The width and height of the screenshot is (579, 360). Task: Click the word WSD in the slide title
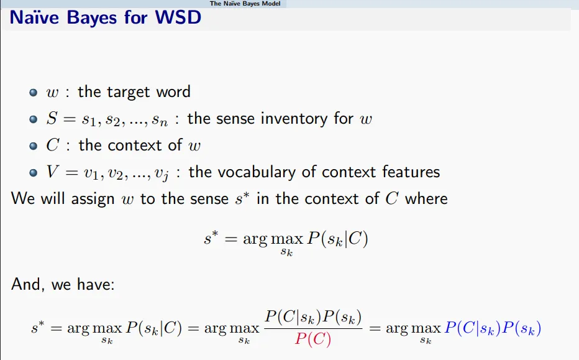point(178,17)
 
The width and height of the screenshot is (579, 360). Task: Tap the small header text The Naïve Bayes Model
point(245,4)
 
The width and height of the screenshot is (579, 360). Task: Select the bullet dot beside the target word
point(33,92)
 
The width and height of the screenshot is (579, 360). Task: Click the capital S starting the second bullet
point(52,118)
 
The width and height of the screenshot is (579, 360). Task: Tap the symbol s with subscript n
point(160,120)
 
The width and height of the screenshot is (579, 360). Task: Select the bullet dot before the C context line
point(33,145)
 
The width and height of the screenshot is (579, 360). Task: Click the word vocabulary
point(258,172)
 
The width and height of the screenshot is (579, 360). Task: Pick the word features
point(411,172)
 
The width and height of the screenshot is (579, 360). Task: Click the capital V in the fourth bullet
point(52,172)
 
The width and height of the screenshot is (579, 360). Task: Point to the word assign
point(93,199)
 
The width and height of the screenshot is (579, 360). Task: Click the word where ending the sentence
point(426,199)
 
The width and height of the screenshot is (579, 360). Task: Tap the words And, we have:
point(63,284)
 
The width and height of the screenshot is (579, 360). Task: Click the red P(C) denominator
point(312,339)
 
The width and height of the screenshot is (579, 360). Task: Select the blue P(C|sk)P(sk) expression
point(493,328)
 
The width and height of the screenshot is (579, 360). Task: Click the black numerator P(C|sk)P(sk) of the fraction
point(313,317)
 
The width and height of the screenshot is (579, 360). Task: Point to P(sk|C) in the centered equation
point(337,239)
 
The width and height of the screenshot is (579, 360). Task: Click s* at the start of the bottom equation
point(38,328)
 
